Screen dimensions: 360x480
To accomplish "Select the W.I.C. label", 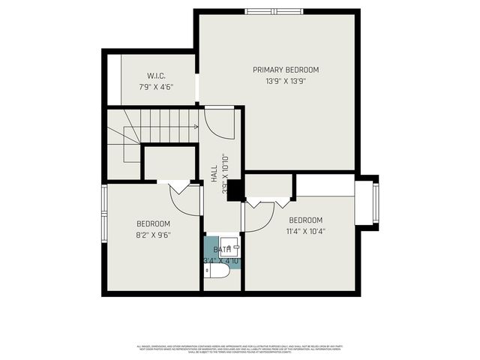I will point(156,75).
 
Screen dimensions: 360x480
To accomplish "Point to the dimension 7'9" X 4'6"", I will point(156,86).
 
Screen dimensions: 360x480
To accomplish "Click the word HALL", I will point(214,171).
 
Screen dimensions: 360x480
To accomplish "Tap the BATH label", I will point(221,250).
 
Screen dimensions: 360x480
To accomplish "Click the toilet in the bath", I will point(218,271).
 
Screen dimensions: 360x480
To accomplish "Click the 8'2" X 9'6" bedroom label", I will point(153,223).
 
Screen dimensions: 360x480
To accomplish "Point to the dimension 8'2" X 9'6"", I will point(153,235).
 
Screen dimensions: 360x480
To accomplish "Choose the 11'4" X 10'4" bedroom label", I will point(307,220).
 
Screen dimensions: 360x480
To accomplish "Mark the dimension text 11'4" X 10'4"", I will point(307,231).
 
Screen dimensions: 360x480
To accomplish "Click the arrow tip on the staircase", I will point(196,127).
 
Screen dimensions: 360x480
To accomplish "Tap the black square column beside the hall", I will point(234,190).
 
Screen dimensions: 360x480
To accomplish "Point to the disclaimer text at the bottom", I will point(240,348).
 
